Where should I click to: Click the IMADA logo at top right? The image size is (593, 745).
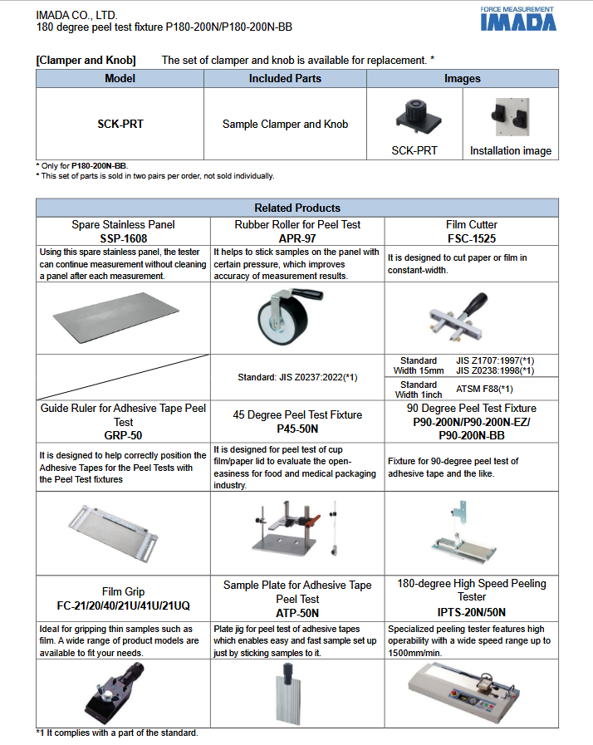(x=517, y=20)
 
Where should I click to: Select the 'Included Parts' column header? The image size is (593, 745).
(x=285, y=79)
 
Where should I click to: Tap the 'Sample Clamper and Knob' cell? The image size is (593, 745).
(x=285, y=125)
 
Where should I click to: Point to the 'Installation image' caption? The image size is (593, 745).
(x=510, y=151)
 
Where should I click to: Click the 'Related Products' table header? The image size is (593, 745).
(x=296, y=208)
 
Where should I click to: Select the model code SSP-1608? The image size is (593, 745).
(x=123, y=237)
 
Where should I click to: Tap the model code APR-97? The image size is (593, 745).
(x=296, y=237)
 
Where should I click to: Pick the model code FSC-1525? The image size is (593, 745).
(x=471, y=237)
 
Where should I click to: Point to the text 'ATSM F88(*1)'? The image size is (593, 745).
(x=484, y=389)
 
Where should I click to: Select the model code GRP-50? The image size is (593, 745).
(x=123, y=434)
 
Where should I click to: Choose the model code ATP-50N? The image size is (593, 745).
(x=296, y=612)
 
